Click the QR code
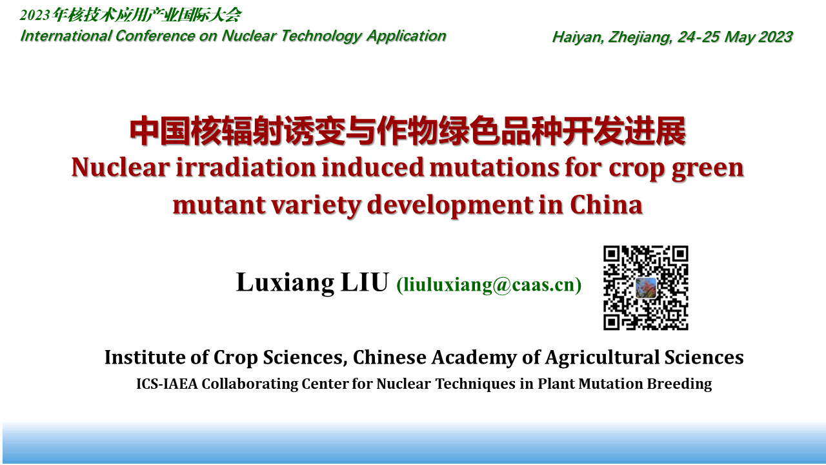coord(646,287)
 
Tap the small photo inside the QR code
coord(646,288)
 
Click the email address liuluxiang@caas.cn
coord(489,285)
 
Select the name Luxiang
coord(285,283)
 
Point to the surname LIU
coord(365,282)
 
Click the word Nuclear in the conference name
coord(249,36)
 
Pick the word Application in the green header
coord(407,36)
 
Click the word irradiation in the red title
coord(246,167)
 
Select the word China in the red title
coord(607,205)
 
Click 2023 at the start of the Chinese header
coord(35,15)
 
